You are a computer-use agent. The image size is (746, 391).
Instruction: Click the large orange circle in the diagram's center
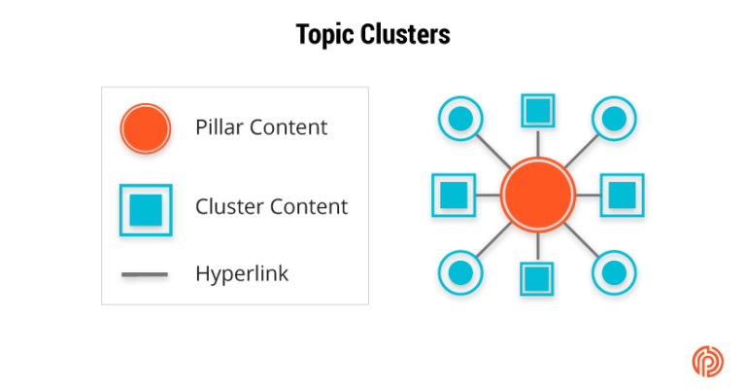[x=537, y=195]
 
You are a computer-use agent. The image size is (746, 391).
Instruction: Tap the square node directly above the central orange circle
[x=537, y=110]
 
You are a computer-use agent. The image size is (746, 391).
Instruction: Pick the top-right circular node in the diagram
[x=614, y=119]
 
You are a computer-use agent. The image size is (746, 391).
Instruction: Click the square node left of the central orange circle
[x=453, y=195]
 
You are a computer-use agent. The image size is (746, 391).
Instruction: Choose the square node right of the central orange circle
[x=622, y=195]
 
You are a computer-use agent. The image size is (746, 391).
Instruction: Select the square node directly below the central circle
[x=537, y=279]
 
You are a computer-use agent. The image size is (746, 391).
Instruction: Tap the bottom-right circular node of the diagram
[x=614, y=270]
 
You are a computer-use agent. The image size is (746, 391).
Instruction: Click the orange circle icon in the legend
[x=145, y=128]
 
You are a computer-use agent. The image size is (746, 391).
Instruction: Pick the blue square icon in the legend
[x=145, y=207]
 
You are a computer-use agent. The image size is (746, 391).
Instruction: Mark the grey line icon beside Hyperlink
[x=145, y=275]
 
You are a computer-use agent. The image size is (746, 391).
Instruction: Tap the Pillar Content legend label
[x=261, y=127]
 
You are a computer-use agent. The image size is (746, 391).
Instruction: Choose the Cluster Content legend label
[x=271, y=206]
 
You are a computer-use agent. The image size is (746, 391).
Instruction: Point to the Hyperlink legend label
[x=242, y=274]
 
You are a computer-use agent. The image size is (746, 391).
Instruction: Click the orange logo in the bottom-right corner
[x=707, y=360]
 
